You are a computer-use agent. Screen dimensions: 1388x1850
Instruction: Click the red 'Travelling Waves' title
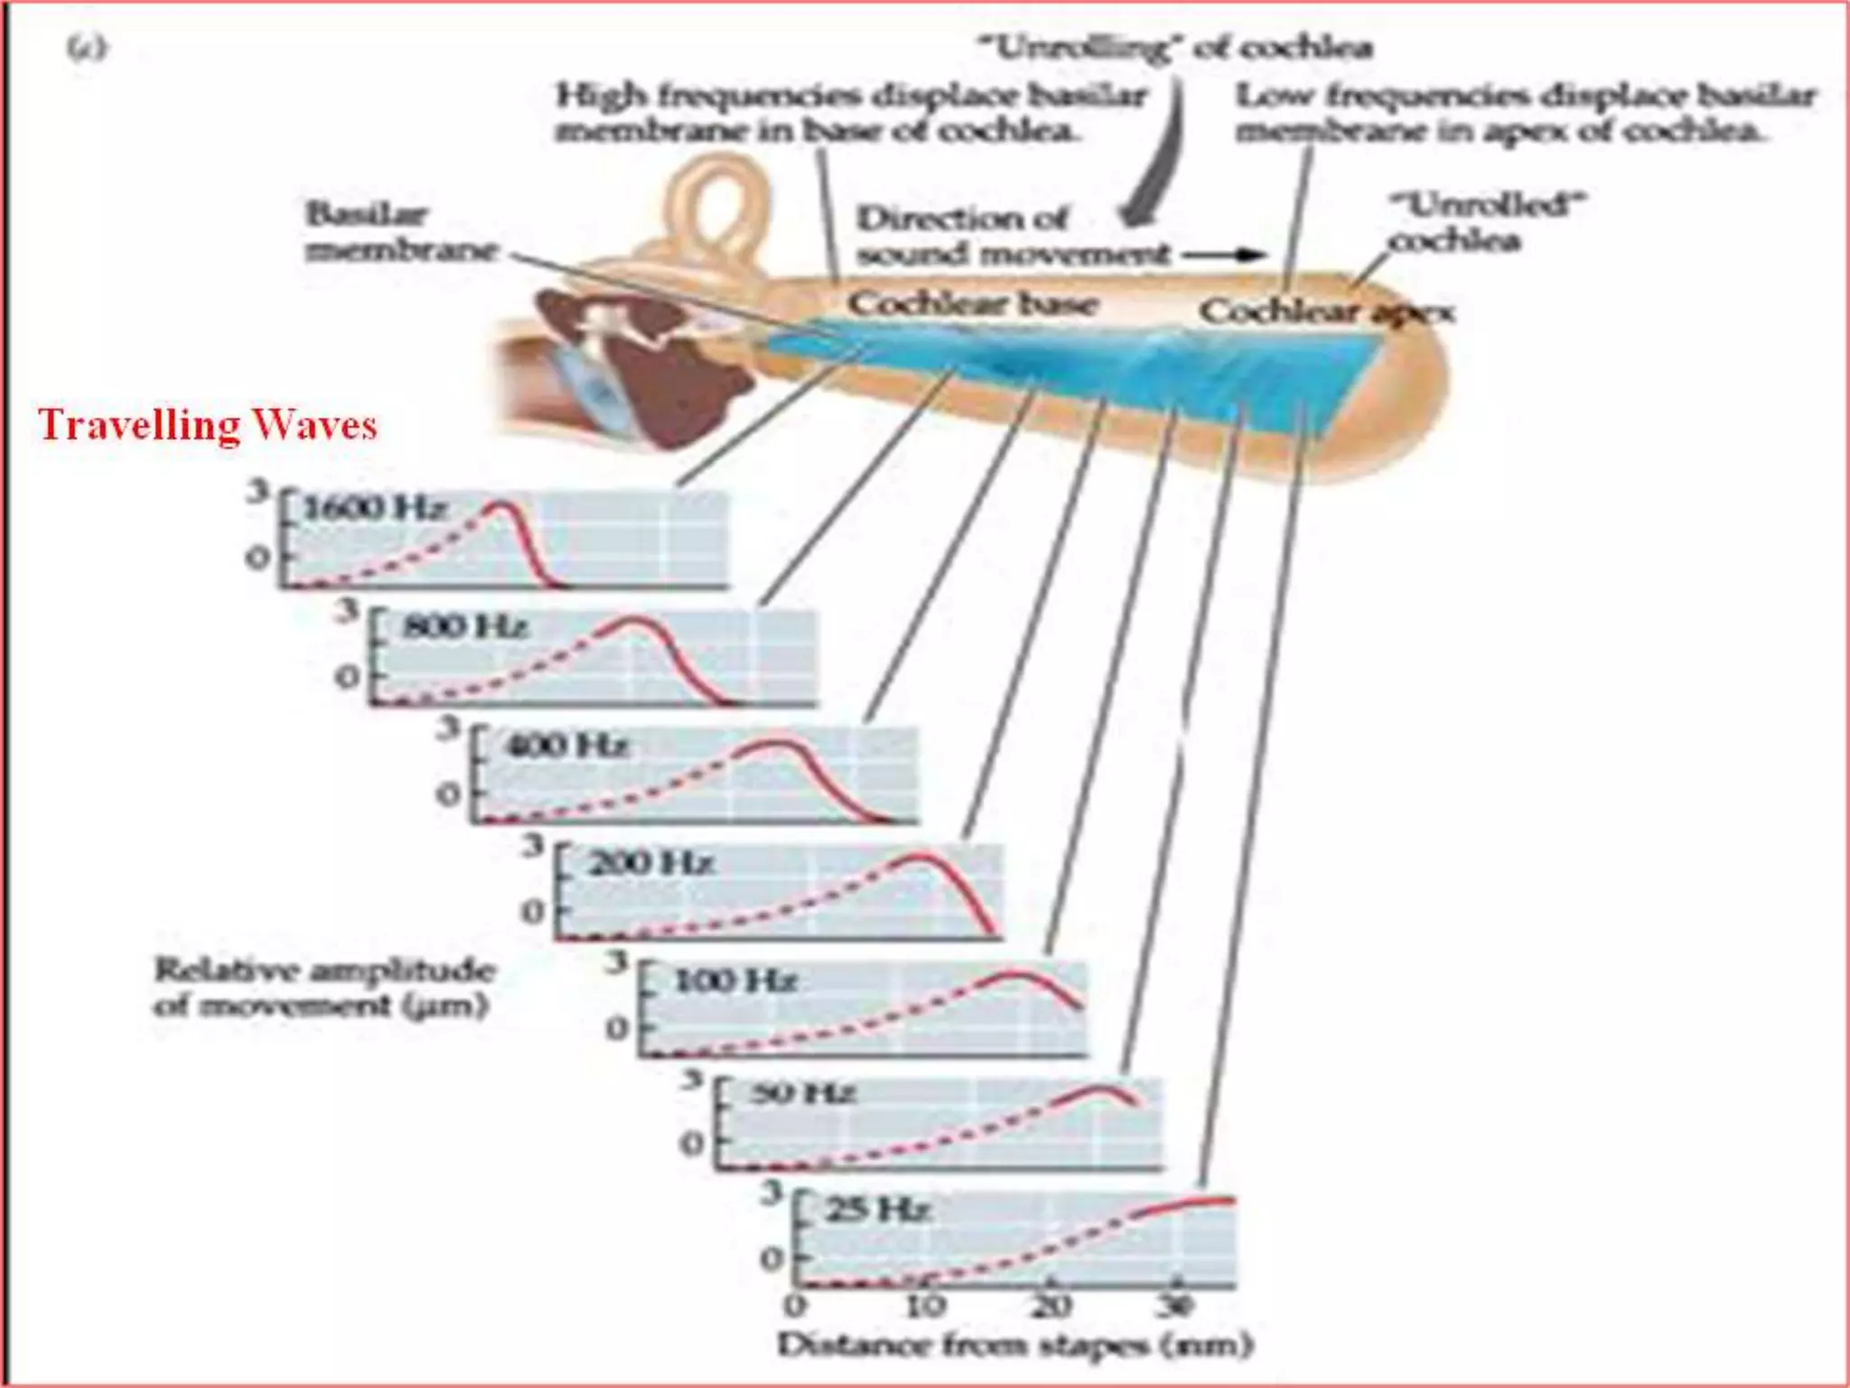(x=207, y=426)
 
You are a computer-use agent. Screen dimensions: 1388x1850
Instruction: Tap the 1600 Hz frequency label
(x=374, y=509)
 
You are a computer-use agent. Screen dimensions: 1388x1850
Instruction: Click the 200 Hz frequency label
(x=650, y=863)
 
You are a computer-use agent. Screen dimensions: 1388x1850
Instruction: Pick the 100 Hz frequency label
(x=735, y=980)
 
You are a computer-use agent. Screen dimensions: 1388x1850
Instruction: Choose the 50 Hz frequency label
(x=802, y=1094)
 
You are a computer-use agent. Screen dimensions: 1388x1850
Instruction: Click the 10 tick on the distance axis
(x=925, y=1305)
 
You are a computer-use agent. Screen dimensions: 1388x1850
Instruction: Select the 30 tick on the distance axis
(x=1175, y=1305)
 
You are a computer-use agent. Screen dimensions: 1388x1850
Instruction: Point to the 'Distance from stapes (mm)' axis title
(x=1014, y=1346)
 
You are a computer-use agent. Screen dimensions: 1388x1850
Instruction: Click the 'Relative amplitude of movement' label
(x=323, y=988)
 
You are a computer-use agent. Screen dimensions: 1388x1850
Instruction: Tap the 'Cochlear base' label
(x=972, y=304)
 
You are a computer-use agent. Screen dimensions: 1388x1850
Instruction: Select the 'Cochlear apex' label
(x=1326, y=313)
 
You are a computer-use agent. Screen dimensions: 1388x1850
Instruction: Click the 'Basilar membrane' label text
(x=401, y=232)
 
